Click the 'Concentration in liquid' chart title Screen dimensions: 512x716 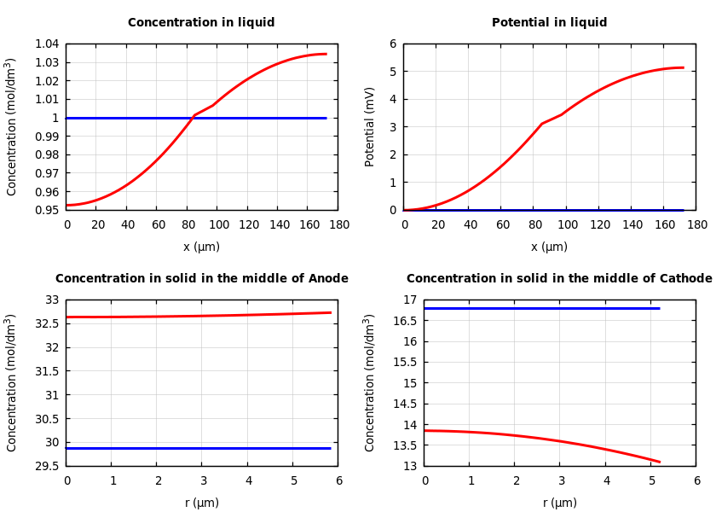click(x=201, y=23)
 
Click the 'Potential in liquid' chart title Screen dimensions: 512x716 click(x=549, y=23)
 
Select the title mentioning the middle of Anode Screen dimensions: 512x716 click(x=201, y=279)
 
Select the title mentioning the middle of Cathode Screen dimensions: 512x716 click(x=559, y=279)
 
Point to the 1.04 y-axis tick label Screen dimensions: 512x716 click(x=47, y=44)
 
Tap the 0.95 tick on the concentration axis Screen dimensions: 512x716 click(x=47, y=210)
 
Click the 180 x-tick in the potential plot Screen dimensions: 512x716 click(x=696, y=224)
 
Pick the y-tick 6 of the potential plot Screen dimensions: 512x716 click(x=393, y=44)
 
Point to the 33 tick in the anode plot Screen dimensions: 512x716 click(x=53, y=300)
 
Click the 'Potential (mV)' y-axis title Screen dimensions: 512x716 click(x=370, y=126)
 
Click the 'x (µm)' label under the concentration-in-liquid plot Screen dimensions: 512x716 click(x=201, y=247)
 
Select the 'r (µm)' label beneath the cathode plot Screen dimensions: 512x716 click(x=559, y=503)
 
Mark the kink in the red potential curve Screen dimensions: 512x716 click(x=542, y=124)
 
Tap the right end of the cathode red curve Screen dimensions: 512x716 click(x=659, y=462)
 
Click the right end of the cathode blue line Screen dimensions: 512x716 click(x=659, y=308)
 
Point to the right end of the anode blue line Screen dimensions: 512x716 click(x=330, y=448)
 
